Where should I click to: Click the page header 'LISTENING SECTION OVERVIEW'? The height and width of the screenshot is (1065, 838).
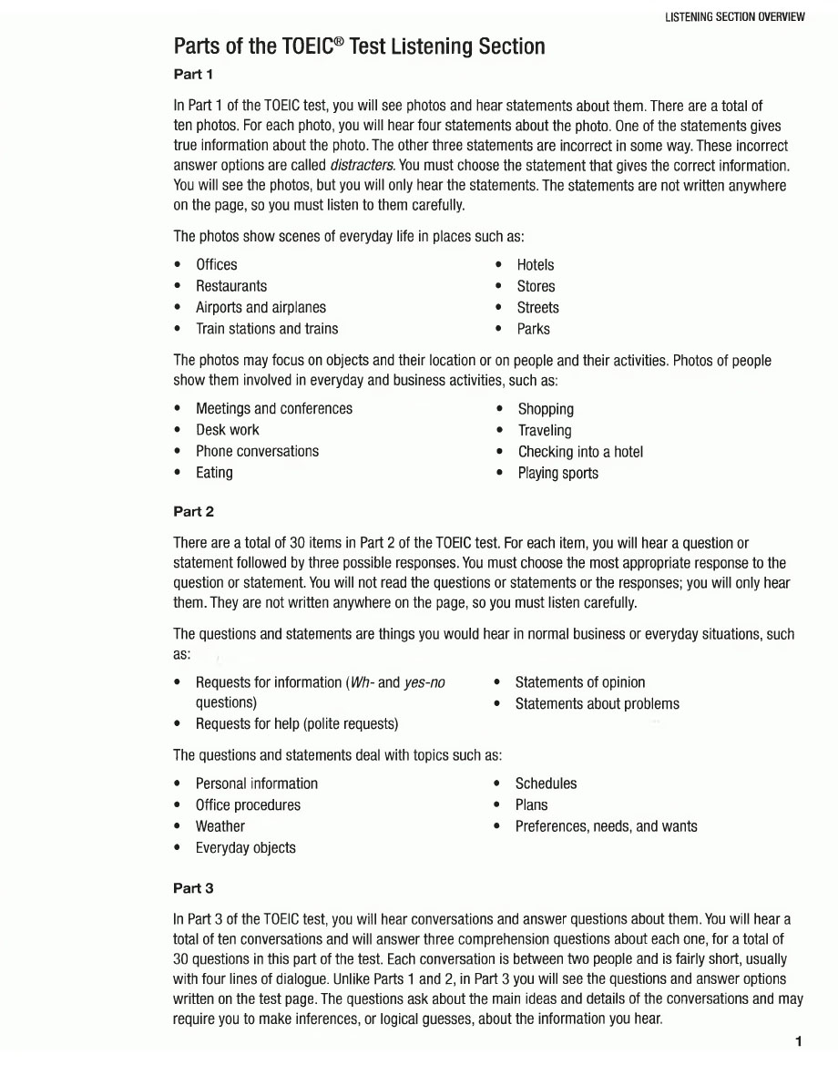click(x=735, y=17)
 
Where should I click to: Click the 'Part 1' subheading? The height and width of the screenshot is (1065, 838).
click(x=193, y=74)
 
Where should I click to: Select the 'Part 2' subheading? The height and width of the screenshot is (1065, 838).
click(x=193, y=512)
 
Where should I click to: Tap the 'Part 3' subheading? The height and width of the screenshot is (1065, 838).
click(x=193, y=887)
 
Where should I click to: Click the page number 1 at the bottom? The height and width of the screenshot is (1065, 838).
click(x=799, y=1041)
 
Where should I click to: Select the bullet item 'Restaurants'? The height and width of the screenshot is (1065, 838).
click(x=231, y=286)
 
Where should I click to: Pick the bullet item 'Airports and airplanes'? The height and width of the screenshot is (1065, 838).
click(x=261, y=308)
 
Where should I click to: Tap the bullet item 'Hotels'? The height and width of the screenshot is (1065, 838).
click(x=535, y=265)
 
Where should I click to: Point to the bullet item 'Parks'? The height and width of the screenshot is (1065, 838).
click(x=533, y=329)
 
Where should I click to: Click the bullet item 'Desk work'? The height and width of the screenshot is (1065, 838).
click(x=228, y=430)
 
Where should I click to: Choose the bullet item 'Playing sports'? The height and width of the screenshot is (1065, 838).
click(x=557, y=473)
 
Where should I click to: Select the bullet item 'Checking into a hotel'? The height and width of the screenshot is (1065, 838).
click(x=580, y=452)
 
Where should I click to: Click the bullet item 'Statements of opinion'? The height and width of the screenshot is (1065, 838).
click(x=579, y=682)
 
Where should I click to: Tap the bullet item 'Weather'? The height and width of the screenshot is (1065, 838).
click(x=220, y=826)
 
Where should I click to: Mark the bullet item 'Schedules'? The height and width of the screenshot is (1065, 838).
click(x=546, y=783)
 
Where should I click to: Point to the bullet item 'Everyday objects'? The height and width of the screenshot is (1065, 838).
click(x=246, y=848)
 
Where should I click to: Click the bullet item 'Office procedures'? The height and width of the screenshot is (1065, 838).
click(x=248, y=805)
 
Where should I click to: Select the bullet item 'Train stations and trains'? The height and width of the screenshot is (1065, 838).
click(x=267, y=329)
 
